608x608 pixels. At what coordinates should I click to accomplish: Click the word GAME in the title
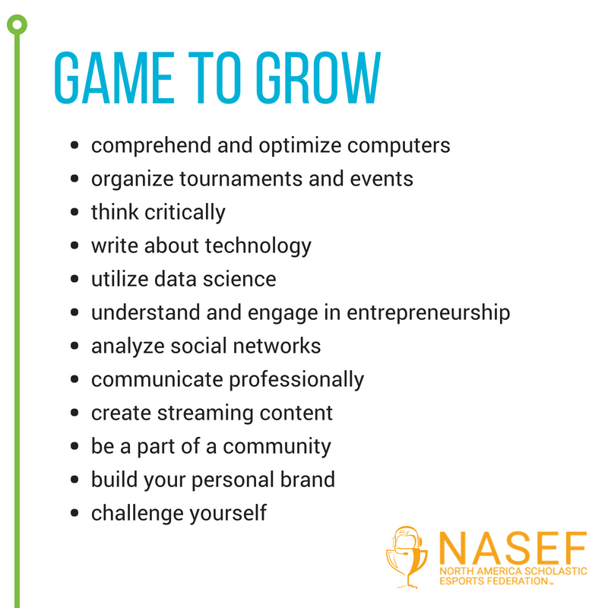tap(115, 78)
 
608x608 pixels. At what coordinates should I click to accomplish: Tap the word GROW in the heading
tap(318, 78)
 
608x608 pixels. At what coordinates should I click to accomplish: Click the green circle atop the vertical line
tap(17, 25)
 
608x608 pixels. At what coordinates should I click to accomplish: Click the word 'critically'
tap(185, 213)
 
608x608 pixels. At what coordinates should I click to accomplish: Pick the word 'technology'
tap(258, 246)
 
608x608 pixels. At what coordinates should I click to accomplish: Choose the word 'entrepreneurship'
tap(428, 313)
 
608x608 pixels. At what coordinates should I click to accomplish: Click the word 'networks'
tap(277, 346)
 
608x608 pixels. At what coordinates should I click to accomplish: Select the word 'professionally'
tap(296, 380)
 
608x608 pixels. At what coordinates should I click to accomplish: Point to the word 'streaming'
tap(205, 413)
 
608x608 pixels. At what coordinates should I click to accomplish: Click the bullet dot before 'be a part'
tap(74, 446)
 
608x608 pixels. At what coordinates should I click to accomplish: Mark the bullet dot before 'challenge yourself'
tap(74, 513)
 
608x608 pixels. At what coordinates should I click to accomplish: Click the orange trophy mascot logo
tap(407, 557)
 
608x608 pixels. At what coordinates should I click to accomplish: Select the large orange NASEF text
tap(512, 548)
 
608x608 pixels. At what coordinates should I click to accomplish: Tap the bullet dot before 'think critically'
tap(74, 212)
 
